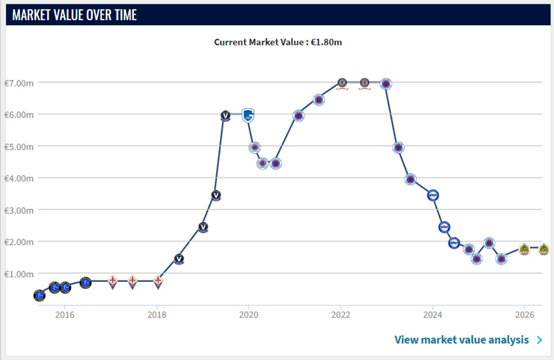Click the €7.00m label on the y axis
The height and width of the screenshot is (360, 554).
click(x=19, y=84)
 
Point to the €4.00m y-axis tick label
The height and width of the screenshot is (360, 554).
click(x=19, y=179)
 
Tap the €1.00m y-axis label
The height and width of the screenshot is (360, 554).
click(x=19, y=274)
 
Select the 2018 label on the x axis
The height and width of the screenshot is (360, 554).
click(x=157, y=314)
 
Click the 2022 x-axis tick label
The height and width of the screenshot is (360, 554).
click(x=340, y=314)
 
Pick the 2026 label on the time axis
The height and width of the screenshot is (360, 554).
click(x=525, y=314)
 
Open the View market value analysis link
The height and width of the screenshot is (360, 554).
click(x=461, y=339)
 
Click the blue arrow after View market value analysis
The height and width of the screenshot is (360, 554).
click(x=540, y=340)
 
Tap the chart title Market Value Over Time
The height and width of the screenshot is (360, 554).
click(x=74, y=15)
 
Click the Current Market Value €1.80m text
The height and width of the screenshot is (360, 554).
click(x=278, y=42)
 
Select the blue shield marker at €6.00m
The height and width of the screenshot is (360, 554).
click(x=248, y=115)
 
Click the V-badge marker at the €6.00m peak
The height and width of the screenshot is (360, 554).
click(x=226, y=116)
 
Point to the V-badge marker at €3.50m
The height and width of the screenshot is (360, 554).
click(x=216, y=195)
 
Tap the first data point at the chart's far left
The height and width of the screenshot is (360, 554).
click(x=39, y=295)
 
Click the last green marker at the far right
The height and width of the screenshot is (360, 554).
click(x=544, y=250)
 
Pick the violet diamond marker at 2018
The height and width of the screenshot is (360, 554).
click(x=158, y=282)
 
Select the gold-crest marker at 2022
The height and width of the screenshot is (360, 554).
click(x=342, y=84)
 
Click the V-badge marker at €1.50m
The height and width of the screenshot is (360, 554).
click(x=179, y=259)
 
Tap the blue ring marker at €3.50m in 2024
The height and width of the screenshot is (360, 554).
click(x=433, y=195)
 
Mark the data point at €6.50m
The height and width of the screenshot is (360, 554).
click(x=319, y=100)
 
